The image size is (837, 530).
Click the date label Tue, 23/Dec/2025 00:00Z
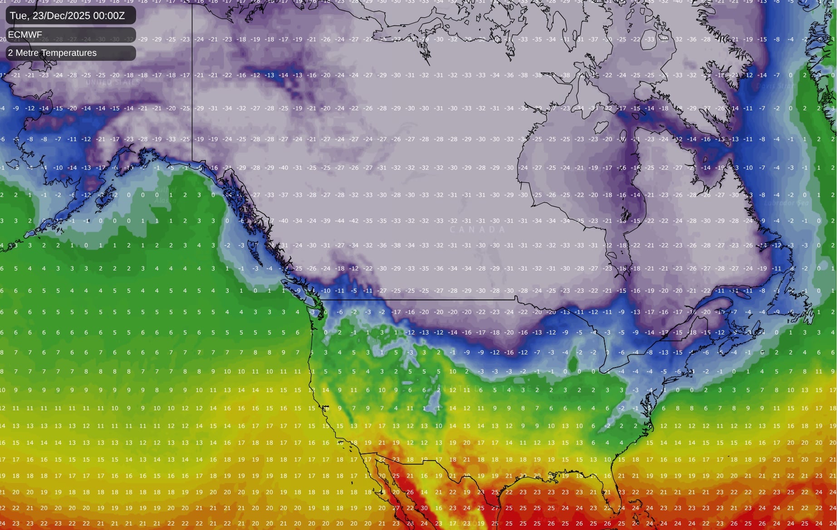pyautogui.click(x=67, y=15)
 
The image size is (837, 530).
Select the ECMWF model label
pyautogui.click(x=25, y=35)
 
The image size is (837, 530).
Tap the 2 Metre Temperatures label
pyautogui.click(x=52, y=53)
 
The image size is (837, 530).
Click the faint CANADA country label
pyautogui.click(x=477, y=230)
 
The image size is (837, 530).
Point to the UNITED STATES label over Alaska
pyautogui.click(x=113, y=83)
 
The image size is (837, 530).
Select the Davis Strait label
pyautogui.click(x=776, y=85)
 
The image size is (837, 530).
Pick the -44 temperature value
pyautogui.click(x=340, y=221)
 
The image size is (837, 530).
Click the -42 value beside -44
pyautogui.click(x=354, y=221)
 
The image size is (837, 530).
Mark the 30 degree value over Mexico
pyautogui.click(x=424, y=508)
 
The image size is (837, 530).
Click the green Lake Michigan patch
pyautogui.click(x=573, y=363)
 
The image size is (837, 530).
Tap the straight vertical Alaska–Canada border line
pyautogui.click(x=192, y=91)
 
